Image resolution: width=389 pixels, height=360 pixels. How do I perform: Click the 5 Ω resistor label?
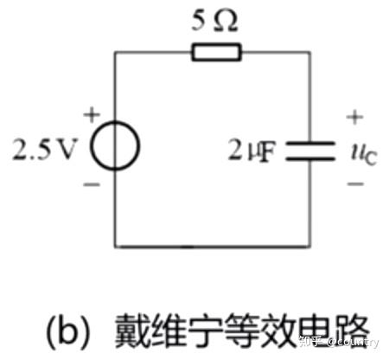pyautogui.click(x=214, y=20)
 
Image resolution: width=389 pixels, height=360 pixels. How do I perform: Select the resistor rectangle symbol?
pyautogui.click(x=216, y=52)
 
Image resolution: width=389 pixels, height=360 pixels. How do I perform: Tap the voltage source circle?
pyautogui.click(x=92, y=145)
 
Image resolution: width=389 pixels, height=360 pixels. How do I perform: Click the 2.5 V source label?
pyautogui.click(x=45, y=150)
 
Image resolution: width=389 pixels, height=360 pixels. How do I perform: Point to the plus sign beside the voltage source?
pyautogui.click(x=92, y=114)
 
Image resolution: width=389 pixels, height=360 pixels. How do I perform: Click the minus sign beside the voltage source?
pyautogui.click(x=92, y=184)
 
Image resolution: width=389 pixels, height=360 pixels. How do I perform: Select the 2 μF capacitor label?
pyautogui.click(x=252, y=151)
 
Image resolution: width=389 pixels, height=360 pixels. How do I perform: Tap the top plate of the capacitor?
pyautogui.click(x=310, y=143)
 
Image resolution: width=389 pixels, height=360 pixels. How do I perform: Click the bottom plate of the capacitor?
pyautogui.click(x=310, y=158)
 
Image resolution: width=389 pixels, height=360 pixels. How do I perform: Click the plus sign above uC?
pyautogui.click(x=355, y=117)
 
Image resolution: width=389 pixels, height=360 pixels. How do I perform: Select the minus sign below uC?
pyautogui.click(x=355, y=183)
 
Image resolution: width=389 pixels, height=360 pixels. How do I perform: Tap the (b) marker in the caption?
pyautogui.click(x=67, y=331)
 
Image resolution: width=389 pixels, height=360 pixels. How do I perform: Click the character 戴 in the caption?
pyautogui.click(x=132, y=331)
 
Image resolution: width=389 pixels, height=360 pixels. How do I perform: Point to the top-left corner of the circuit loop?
pyautogui.click(x=115, y=52)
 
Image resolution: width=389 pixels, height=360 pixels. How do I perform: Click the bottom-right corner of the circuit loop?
pyautogui.click(x=310, y=247)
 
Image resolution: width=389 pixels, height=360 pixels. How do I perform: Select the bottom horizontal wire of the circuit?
pyautogui.click(x=213, y=247)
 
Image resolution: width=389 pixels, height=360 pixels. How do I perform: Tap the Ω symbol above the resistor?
pyautogui.click(x=226, y=21)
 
